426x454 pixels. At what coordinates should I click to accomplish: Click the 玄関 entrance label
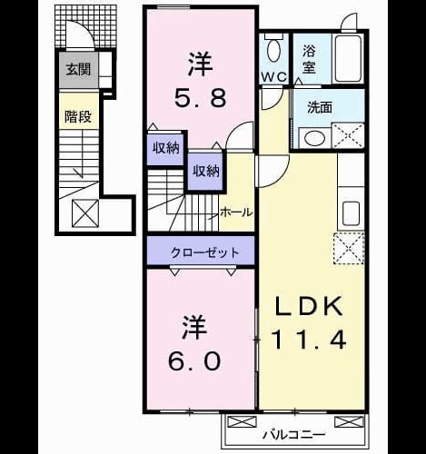point(78,70)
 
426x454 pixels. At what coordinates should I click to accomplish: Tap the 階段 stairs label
point(78,116)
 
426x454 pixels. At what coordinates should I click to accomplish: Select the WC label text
point(274,77)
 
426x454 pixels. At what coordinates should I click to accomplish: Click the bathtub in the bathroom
point(348,58)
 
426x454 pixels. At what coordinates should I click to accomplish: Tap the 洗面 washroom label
point(320,107)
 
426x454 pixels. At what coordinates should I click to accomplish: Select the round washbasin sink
point(314,139)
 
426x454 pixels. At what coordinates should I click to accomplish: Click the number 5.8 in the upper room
point(200,97)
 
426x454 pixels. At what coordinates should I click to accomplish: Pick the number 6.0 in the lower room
point(194,361)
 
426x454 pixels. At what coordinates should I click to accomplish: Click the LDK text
point(309,306)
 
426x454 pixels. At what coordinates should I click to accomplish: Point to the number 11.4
point(309,340)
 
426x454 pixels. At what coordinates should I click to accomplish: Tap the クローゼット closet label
point(204,252)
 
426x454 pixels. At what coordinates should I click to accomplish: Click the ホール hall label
point(236,212)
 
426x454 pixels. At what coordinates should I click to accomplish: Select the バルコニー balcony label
point(293,435)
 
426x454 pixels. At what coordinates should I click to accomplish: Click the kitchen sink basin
point(351,213)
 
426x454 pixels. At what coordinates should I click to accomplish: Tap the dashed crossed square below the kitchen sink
point(349,249)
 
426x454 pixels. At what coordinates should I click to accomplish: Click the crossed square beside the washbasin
point(348,135)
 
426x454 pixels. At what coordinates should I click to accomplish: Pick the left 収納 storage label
point(165,148)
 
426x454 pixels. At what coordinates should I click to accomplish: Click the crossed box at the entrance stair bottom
point(85,212)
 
